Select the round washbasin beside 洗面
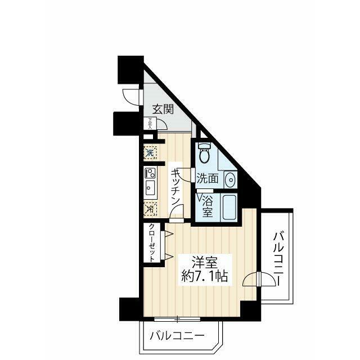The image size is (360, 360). [x=229, y=180]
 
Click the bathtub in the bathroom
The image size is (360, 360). [x=229, y=208]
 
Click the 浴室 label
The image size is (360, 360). [x=207, y=206]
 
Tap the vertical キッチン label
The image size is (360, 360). [x=175, y=187]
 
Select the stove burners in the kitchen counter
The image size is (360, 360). [x=150, y=173]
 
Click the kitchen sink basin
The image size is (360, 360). [x=150, y=187]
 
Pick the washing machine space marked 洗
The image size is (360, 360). [x=150, y=152]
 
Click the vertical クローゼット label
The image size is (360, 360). [x=152, y=242]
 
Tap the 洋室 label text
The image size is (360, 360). [x=204, y=262]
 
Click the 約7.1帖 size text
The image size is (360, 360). [x=204, y=276]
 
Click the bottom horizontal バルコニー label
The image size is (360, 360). [x=176, y=336]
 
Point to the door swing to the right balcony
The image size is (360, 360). [x=251, y=279]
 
